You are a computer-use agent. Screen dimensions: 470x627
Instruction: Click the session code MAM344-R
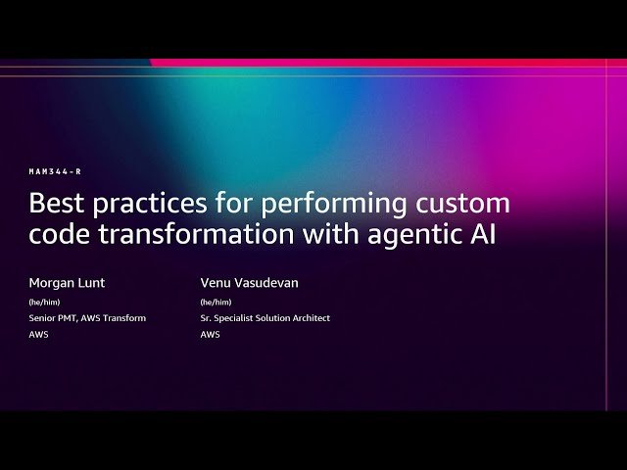(55, 171)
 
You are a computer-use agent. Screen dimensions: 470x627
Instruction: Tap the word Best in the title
(57, 204)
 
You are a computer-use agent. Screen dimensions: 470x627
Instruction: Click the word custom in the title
(466, 205)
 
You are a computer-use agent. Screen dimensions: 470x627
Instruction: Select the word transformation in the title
(192, 235)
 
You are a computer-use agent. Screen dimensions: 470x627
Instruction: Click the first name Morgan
(52, 283)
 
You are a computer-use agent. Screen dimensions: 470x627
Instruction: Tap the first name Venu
(217, 283)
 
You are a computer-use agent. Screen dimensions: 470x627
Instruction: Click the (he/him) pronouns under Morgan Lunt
(44, 302)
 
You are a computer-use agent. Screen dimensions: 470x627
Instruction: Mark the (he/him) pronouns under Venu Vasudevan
(216, 302)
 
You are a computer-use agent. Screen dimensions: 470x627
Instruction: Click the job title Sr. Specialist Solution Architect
(265, 317)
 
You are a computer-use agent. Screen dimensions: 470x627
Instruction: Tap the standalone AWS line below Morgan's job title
(38, 334)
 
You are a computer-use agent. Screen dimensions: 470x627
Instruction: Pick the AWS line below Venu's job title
(210, 334)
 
